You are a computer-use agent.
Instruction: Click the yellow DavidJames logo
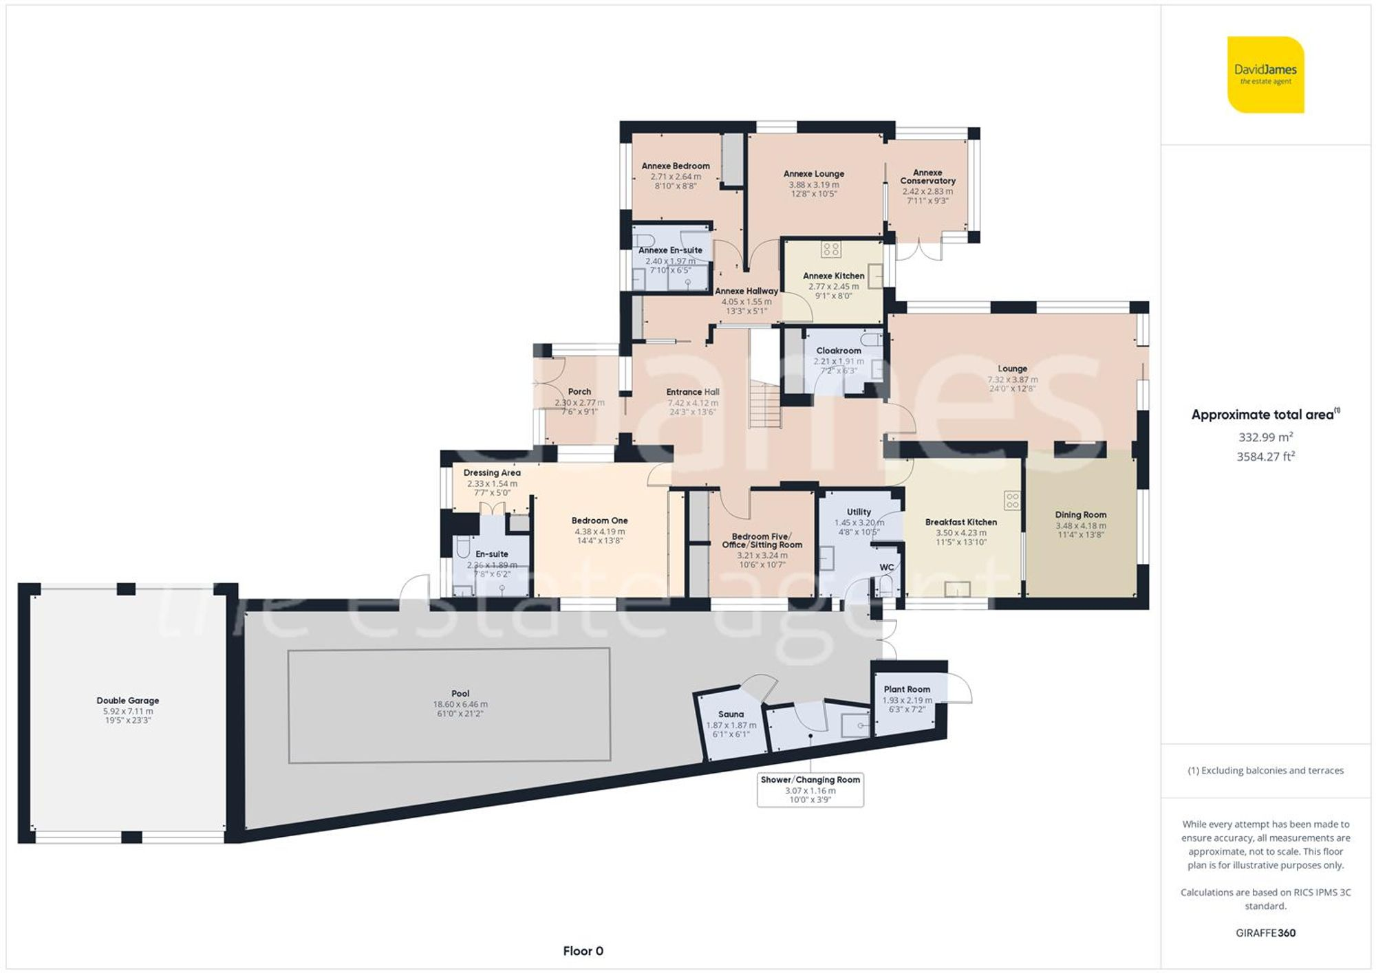point(1265,74)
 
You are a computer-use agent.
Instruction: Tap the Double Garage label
point(128,701)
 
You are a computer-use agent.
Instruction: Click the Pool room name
point(460,694)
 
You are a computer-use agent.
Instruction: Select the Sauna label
point(731,714)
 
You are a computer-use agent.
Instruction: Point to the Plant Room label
point(907,689)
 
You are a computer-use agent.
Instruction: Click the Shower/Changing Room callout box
point(810,790)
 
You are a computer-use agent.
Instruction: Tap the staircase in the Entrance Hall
point(765,406)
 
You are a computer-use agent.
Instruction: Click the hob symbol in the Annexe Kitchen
point(831,249)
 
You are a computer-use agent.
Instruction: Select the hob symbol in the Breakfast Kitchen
point(1011,500)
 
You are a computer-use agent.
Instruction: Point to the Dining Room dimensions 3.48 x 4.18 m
point(1080,525)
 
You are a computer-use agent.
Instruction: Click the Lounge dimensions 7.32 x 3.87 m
point(1012,380)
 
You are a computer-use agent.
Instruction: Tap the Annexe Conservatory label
point(927,177)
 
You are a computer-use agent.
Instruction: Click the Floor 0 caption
point(583,951)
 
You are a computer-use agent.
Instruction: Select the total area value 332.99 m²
point(1265,437)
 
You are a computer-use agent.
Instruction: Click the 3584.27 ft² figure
point(1265,457)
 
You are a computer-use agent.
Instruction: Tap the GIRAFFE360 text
point(1265,933)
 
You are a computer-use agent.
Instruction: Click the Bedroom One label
point(599,521)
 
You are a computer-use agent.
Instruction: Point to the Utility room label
point(859,512)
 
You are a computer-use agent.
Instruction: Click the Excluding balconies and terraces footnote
point(1265,770)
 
